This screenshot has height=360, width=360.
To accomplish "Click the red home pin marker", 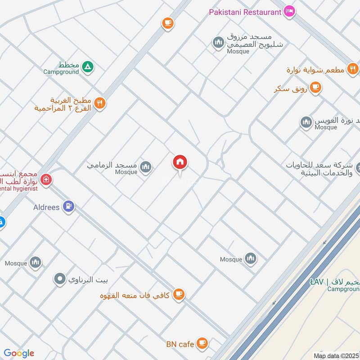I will [x=180, y=162].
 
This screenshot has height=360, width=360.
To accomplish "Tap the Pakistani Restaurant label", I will [x=245, y=12].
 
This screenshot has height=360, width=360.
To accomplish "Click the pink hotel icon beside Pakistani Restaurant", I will [x=289, y=11].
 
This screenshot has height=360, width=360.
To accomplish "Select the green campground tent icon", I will [x=88, y=67].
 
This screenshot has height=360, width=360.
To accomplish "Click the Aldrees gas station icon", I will [x=69, y=207].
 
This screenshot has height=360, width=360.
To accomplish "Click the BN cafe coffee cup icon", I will [x=202, y=343].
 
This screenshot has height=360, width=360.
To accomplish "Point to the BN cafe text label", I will [x=180, y=345].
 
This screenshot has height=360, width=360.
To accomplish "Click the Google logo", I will [x=18, y=353].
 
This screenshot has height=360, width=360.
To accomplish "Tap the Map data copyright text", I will [x=335, y=355].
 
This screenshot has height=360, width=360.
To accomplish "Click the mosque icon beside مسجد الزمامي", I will [x=145, y=168].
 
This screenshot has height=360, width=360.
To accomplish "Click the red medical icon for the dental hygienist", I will [x=45, y=180].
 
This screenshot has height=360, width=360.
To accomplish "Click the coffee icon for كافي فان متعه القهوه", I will [x=179, y=295].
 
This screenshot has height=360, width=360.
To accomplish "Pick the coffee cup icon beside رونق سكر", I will [x=315, y=87].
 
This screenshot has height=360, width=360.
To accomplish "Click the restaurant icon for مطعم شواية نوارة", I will [x=353, y=69].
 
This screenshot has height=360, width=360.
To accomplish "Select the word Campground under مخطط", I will [x=61, y=72].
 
